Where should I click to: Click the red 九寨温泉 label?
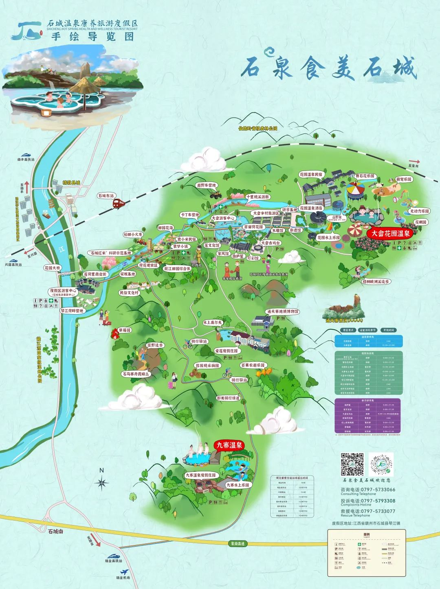[228, 445]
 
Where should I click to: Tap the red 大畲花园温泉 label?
[390, 234]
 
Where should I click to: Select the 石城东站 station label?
[106, 196]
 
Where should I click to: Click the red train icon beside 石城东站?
[119, 203]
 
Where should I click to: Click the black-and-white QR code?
[352, 464]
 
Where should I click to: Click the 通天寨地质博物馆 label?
[283, 311]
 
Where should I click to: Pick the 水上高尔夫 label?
[213, 322]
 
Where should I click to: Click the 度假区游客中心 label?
[63, 291]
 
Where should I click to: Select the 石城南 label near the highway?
[55, 531]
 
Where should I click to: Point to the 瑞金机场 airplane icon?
[125, 571]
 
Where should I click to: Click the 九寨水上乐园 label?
[238, 485]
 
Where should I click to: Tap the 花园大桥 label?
[53, 268]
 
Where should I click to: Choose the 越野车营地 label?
[207, 185]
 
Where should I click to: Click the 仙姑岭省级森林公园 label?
[257, 128]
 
